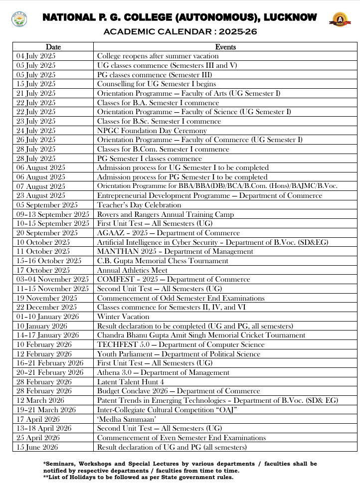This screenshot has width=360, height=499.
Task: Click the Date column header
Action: [x=53, y=47]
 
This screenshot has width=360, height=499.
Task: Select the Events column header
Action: [x=225, y=47]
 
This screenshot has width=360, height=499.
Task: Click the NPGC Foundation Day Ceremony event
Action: [x=152, y=131]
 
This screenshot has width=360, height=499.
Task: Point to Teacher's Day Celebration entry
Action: [x=139, y=205]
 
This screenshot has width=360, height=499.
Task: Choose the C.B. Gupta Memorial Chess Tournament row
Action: [x=163, y=261]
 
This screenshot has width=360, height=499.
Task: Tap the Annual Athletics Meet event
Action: [x=132, y=270]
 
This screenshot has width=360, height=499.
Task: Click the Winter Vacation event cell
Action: [x=123, y=317]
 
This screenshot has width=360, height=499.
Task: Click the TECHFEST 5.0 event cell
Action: [x=180, y=344]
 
